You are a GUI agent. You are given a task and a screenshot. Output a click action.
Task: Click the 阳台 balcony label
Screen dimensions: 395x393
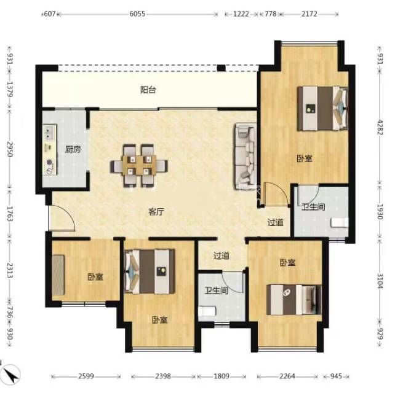point(148,90)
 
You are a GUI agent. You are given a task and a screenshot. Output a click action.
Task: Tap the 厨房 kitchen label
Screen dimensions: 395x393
point(73,149)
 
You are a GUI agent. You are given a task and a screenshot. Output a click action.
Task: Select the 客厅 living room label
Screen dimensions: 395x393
point(156,212)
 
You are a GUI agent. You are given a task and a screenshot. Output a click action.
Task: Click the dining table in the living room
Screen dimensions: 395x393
point(139,165)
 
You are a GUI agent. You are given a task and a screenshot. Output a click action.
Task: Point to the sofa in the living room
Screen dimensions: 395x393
point(246,156)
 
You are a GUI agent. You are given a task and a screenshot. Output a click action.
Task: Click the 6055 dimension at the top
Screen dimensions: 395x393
point(137,14)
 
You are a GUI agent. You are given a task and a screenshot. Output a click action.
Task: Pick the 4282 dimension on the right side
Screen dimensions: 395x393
point(380,127)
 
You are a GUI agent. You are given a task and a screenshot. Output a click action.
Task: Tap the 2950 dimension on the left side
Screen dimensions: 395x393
point(10,149)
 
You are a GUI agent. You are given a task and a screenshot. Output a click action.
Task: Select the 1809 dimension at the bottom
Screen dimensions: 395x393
point(221,376)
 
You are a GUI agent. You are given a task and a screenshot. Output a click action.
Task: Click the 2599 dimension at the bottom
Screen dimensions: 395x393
point(86,376)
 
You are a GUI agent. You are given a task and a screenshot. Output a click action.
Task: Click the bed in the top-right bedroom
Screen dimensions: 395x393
point(322,108)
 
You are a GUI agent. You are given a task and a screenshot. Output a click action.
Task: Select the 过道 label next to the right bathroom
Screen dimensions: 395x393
point(276,222)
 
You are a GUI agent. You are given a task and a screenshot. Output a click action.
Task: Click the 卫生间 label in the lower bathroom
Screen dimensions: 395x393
point(216,290)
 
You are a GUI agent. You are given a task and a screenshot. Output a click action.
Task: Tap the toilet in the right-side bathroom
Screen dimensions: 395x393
point(340,223)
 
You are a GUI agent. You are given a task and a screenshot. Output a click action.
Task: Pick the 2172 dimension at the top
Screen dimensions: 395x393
point(309,14)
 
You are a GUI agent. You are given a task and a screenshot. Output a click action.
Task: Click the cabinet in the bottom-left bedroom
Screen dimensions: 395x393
point(58,275)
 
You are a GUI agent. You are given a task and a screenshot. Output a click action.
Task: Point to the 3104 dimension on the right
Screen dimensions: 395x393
point(380,281)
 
